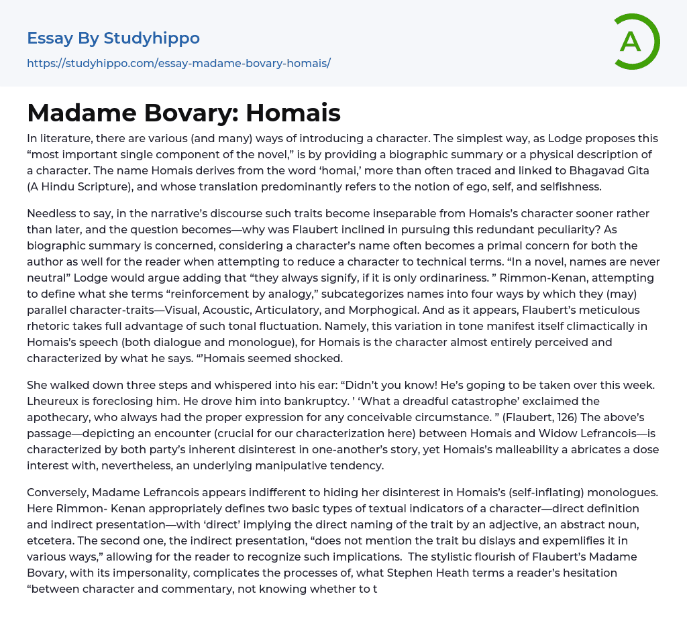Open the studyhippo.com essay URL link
coord(178,63)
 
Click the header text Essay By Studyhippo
coord(113,38)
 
